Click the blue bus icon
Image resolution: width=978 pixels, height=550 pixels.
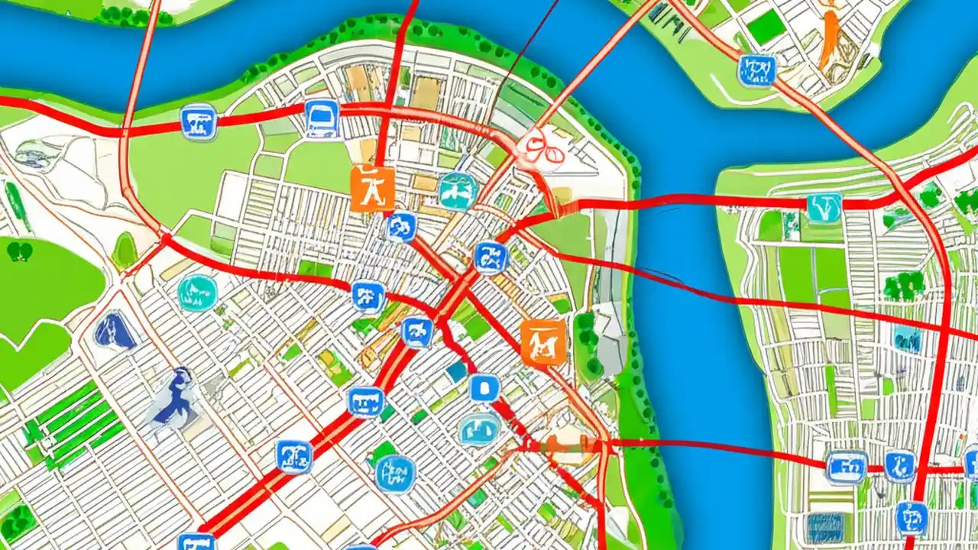tap(322, 118)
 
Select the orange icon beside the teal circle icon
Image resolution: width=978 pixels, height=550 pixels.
tap(373, 188)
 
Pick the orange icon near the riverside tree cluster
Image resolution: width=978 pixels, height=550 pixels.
tap(543, 341)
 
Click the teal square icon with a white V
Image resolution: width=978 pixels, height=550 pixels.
tap(824, 207)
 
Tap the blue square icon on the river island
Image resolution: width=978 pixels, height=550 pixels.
tap(756, 70)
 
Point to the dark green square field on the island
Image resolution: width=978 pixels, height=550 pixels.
tap(766, 27)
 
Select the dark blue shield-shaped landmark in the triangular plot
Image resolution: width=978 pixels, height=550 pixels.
tap(115, 331)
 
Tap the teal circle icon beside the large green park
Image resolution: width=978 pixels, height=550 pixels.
tap(197, 293)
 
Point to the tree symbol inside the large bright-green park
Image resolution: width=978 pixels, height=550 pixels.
tap(19, 251)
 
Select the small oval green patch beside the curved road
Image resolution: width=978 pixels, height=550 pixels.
tap(125, 251)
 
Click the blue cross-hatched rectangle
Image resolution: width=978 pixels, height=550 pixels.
tap(825, 527)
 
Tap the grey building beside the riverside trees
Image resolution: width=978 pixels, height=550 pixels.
tap(611, 336)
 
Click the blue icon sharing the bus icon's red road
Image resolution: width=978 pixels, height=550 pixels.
tap(199, 121)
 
